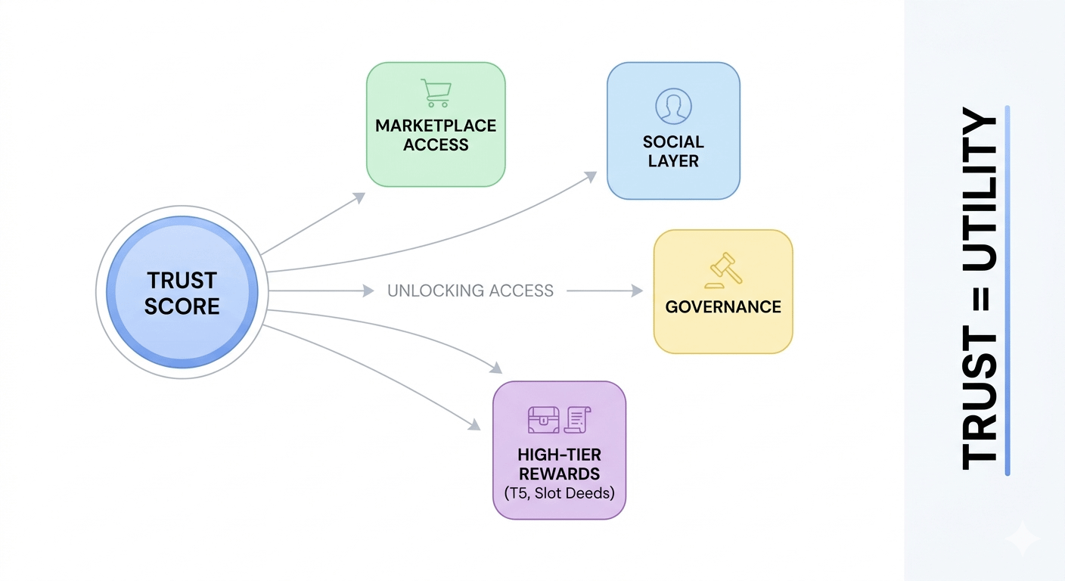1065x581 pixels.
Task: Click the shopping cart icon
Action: [436, 93]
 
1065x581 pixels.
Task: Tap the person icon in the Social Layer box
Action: [673, 105]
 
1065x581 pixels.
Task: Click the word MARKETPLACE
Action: [436, 126]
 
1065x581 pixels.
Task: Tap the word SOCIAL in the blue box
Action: [673, 141]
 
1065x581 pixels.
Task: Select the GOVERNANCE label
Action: [723, 306]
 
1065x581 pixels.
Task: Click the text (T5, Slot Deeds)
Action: [559, 493]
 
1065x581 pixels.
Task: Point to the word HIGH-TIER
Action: [559, 455]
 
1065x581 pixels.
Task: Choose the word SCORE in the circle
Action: [182, 306]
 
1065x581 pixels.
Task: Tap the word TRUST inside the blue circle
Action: [182, 280]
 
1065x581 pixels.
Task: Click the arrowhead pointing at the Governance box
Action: [637, 290]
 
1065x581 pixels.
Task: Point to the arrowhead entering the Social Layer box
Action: [591, 176]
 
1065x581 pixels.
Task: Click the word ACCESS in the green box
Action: [436, 144]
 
